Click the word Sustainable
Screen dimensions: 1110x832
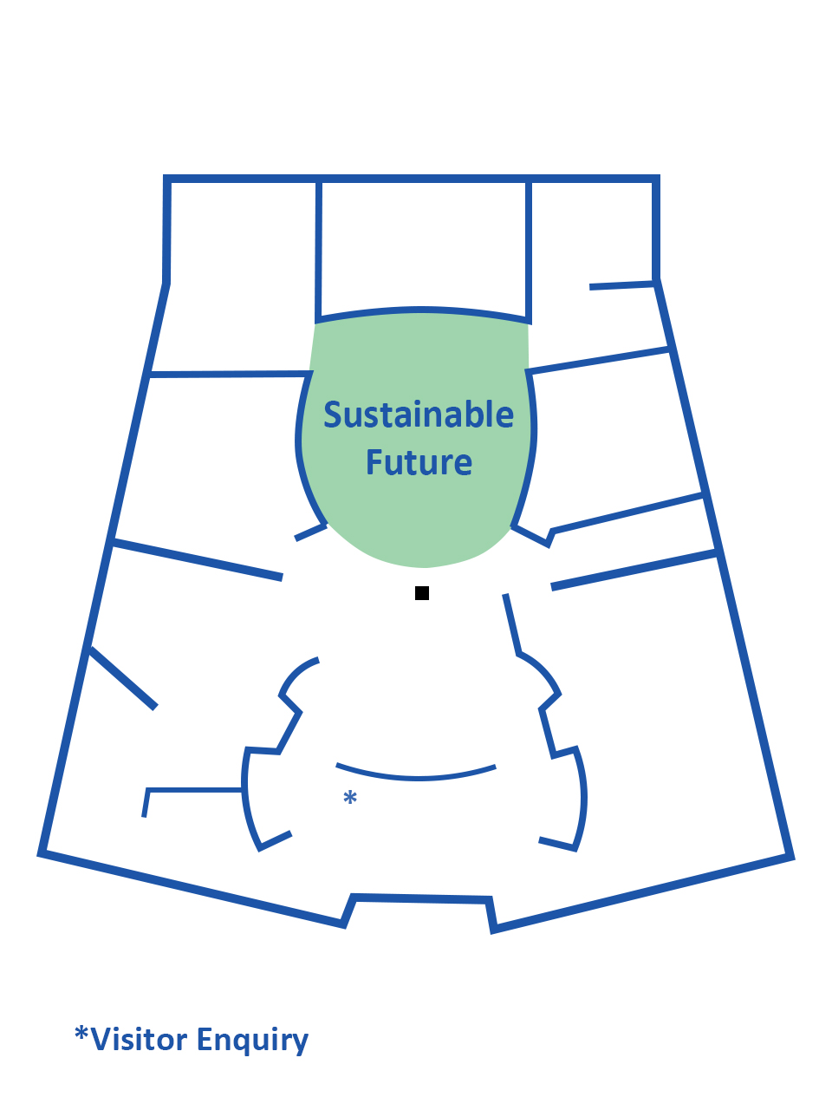pos(419,415)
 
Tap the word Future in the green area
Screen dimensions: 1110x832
pos(419,462)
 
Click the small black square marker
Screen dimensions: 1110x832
pos(422,593)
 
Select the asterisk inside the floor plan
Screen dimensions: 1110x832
pos(350,798)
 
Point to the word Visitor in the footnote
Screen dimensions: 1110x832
pos(139,1039)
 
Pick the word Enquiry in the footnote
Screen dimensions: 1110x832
pos(252,1040)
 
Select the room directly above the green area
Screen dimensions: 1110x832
pos(423,247)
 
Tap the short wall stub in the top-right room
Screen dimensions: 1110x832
pos(621,285)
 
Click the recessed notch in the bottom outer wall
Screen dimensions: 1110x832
pos(420,899)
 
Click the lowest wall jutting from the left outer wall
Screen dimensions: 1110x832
pos(123,677)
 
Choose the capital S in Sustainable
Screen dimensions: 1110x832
pos(334,415)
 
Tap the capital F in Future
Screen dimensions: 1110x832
pos(375,462)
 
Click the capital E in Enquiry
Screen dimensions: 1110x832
pos(206,1038)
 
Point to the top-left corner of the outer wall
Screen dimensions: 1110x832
pos(167,180)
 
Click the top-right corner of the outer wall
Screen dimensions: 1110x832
pos(657,180)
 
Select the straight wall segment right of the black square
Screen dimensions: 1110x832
pos(512,624)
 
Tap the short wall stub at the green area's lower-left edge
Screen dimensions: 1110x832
pos(311,532)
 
